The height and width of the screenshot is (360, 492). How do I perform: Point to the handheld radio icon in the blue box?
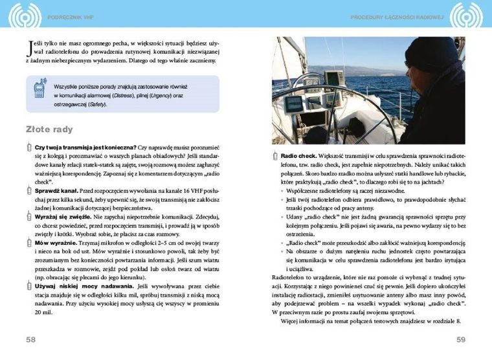coord(39,91)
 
